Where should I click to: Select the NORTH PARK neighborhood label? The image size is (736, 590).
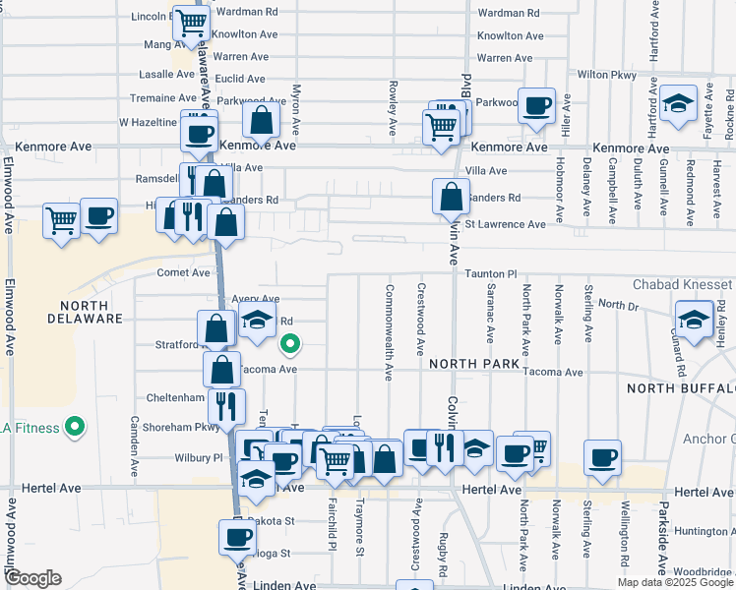coord(473,364)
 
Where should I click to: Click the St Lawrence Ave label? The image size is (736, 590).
coord(505,224)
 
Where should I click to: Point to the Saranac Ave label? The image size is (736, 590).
coord(490,315)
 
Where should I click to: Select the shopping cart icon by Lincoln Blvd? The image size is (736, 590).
coord(192,22)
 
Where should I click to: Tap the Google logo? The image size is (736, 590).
coord(32,578)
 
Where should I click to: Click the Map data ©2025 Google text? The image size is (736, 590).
coord(674,582)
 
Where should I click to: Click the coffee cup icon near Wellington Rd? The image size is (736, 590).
coord(602,457)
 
